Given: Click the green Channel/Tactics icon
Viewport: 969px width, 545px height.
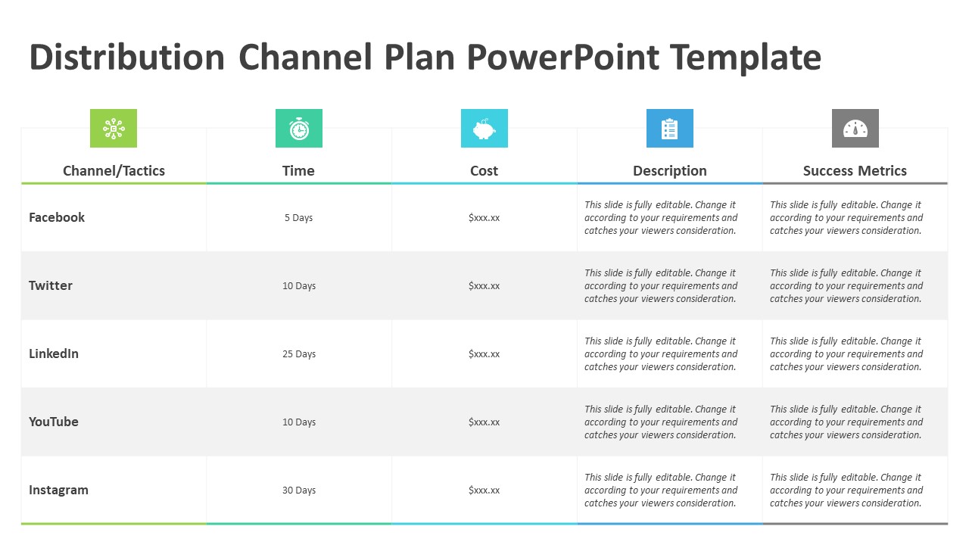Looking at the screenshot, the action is click(114, 129).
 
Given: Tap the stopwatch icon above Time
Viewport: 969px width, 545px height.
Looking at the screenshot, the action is click(299, 129).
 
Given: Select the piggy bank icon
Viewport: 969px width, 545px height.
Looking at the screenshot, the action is click(484, 129).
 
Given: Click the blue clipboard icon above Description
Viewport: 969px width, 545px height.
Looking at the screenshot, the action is click(670, 129).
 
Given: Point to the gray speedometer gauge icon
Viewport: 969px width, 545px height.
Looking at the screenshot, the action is click(855, 129).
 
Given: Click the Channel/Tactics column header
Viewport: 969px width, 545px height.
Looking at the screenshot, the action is click(114, 171).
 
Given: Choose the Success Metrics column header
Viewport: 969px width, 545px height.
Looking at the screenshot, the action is click(855, 171).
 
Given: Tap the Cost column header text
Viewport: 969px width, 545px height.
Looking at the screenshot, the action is click(484, 171).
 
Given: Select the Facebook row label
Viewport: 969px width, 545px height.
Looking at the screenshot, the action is click(57, 217).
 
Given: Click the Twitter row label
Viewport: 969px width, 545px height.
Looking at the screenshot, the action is click(51, 285).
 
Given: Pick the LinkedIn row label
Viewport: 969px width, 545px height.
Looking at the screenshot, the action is click(54, 353).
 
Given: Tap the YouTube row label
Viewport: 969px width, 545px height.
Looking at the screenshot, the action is click(54, 422).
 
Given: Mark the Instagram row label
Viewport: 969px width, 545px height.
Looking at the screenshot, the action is click(58, 490).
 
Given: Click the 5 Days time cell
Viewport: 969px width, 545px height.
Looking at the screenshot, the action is click(298, 217).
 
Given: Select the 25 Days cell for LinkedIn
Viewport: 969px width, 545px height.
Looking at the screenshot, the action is click(299, 353).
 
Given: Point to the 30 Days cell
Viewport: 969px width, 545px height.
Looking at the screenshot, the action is click(299, 490).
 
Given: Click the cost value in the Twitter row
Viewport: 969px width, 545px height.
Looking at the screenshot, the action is click(484, 286).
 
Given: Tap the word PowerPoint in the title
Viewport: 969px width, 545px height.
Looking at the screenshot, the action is click(562, 57).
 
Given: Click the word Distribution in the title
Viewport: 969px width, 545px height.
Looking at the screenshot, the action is click(126, 57).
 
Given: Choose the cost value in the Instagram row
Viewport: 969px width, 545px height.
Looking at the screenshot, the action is click(484, 490).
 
